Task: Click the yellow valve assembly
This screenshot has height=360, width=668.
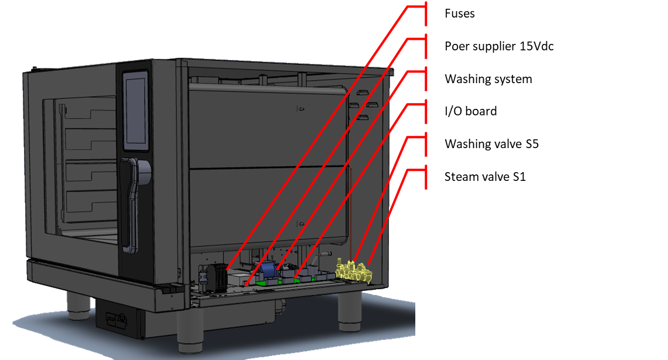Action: pos(354,272)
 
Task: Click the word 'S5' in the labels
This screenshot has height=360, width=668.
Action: pos(531,144)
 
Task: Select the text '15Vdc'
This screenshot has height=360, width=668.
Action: pos(536,46)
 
